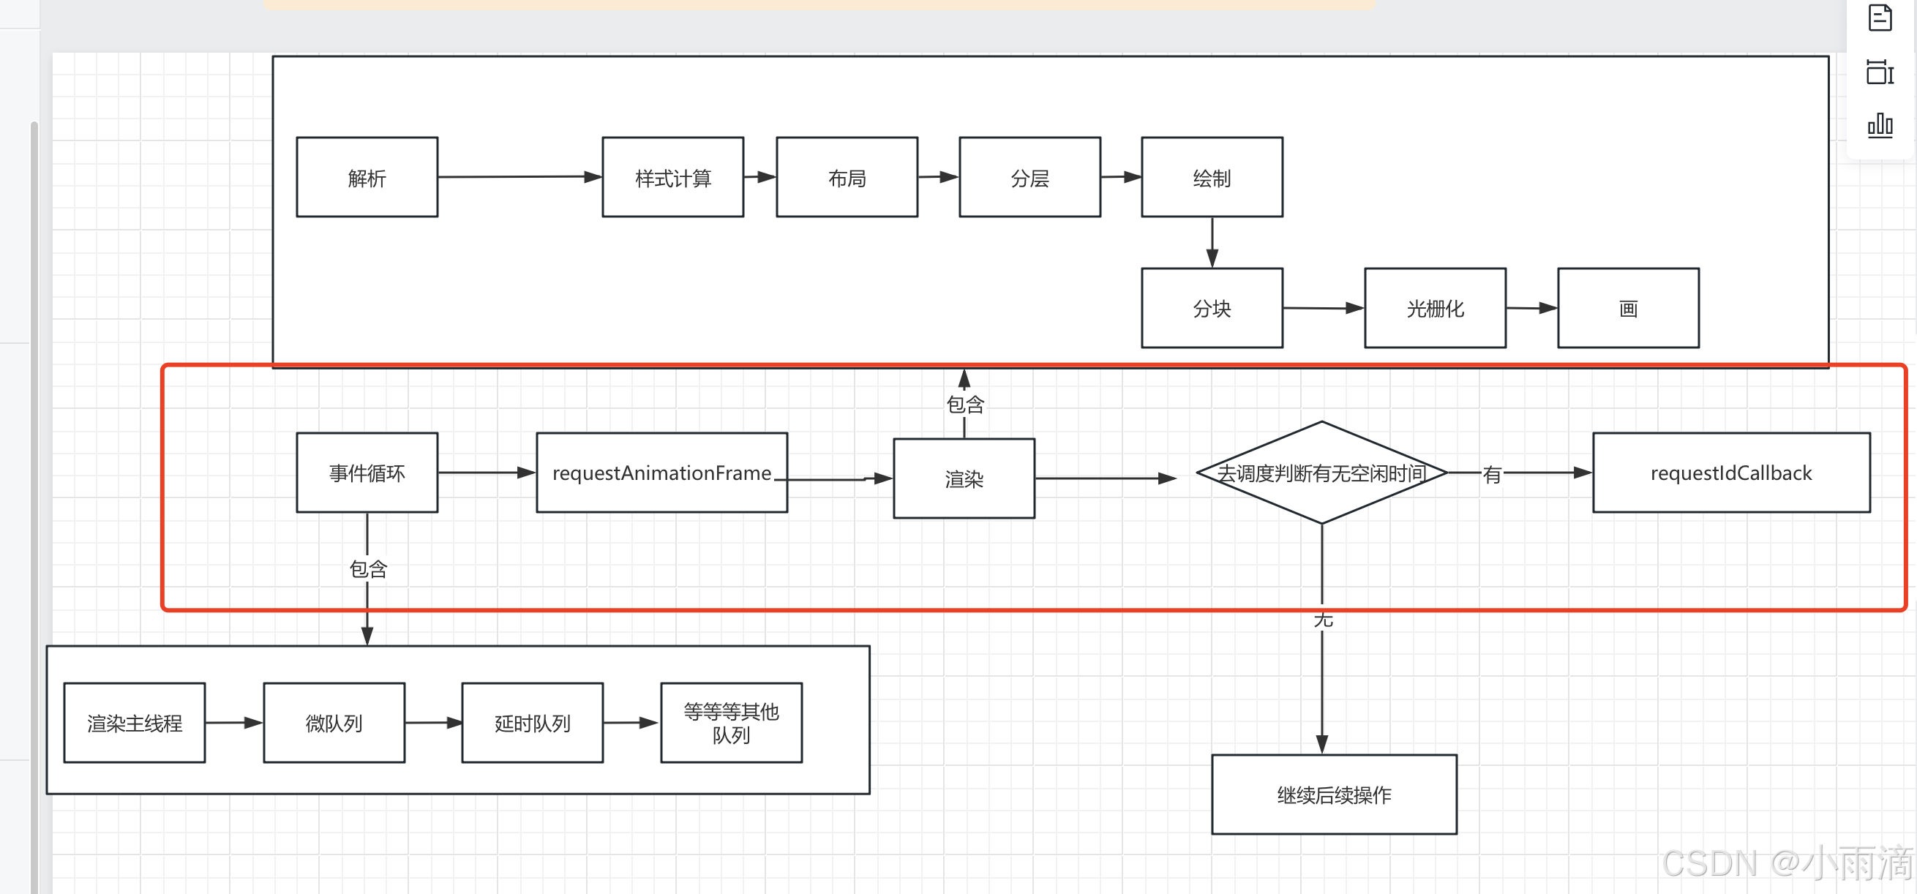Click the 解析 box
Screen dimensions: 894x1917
click(367, 177)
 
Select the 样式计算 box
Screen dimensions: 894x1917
click(672, 177)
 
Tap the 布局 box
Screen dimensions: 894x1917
click(847, 177)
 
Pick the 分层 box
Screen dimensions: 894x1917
click(1030, 177)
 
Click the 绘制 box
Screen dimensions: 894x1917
click(1212, 177)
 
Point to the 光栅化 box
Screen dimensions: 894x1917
click(1435, 308)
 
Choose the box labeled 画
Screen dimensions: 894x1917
click(1628, 308)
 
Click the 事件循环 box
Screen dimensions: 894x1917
click(367, 473)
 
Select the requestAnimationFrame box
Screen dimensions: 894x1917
click(661, 473)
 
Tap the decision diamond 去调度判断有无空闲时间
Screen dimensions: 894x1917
click(1321, 473)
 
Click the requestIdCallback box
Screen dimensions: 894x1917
click(1731, 473)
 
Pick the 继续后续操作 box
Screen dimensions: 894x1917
click(1334, 795)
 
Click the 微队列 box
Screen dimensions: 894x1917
click(334, 723)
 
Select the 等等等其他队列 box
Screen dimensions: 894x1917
click(731, 723)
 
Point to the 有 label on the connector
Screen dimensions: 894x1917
click(1491, 474)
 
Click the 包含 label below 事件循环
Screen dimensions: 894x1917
click(368, 569)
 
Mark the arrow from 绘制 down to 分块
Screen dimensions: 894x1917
click(1212, 242)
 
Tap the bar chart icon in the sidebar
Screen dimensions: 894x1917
click(1880, 124)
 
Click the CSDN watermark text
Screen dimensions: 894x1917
click(1786, 863)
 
